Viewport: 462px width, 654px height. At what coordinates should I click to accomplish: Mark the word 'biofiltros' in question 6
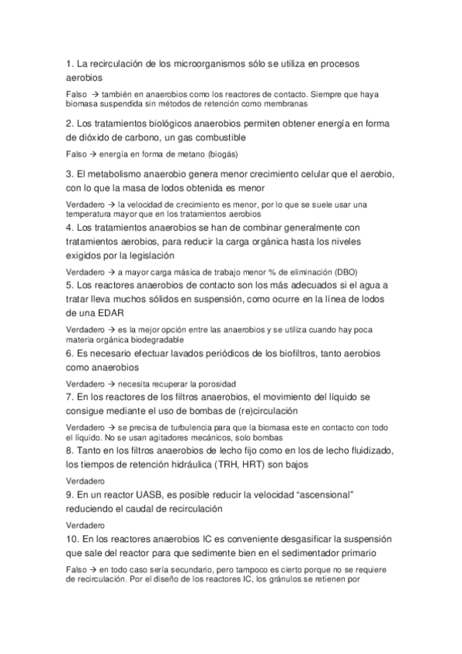pos(306,355)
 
